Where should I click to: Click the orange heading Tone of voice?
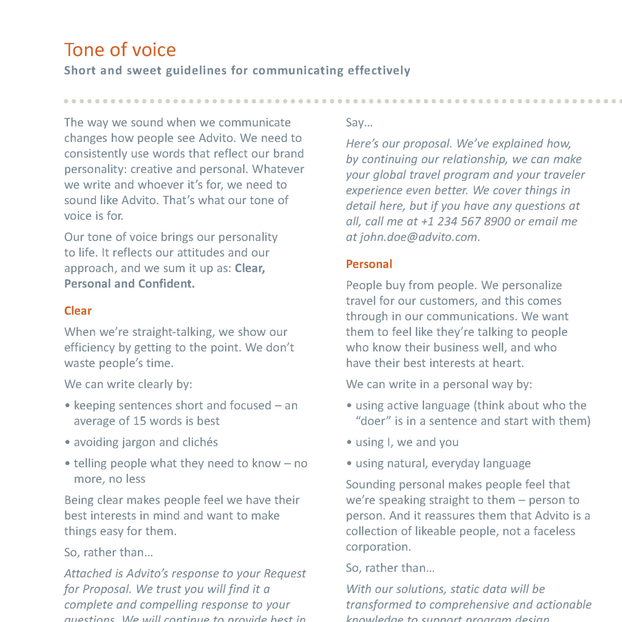[120, 50]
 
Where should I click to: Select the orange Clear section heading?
[78, 311]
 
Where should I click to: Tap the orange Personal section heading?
[369, 264]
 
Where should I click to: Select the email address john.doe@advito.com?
[418, 237]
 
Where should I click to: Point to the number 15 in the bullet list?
[139, 421]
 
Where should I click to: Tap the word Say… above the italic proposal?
[359, 123]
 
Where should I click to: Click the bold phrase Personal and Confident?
[130, 284]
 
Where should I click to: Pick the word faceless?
[554, 531]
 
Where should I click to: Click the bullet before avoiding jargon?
[67, 443]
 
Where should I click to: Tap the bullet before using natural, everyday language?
[349, 463]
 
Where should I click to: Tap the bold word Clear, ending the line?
[250, 268]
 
